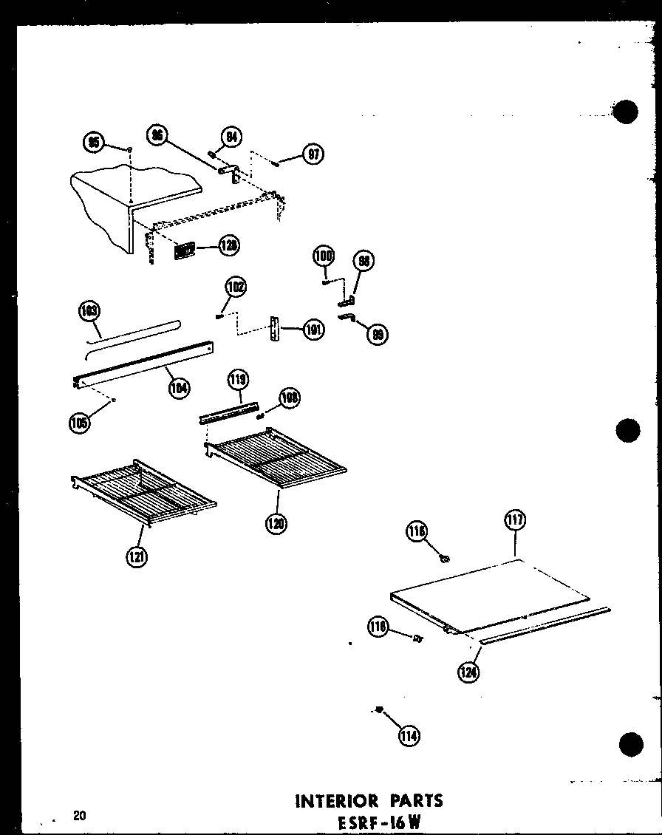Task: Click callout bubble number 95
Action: (x=95, y=143)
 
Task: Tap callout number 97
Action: (x=313, y=155)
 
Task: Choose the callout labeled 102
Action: (x=236, y=287)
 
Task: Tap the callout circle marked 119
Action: (x=237, y=381)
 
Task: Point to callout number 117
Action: (x=515, y=520)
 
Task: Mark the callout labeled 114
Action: (x=409, y=735)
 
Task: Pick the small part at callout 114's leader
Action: (x=378, y=710)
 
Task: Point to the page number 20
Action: (x=80, y=816)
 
